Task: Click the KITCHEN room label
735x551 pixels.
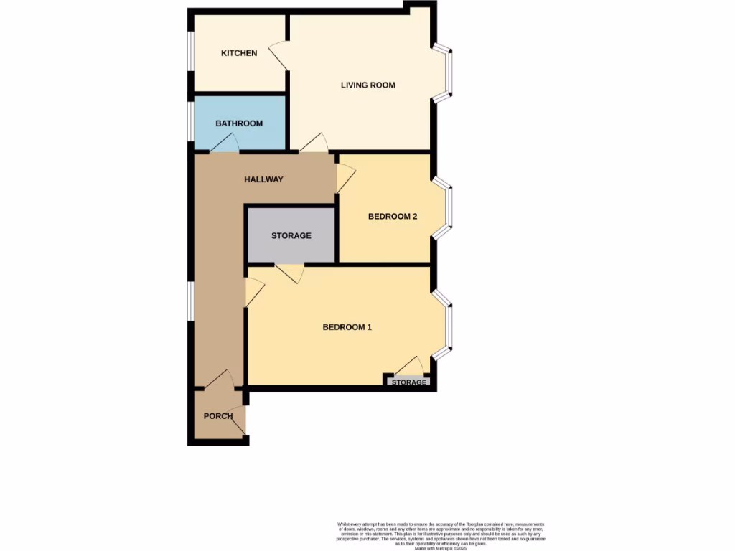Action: point(239,53)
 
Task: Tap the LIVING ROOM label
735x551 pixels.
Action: point(367,85)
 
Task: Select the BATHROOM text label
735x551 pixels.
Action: point(239,123)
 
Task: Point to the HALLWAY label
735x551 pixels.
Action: point(263,179)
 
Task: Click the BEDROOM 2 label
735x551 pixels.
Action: point(393,217)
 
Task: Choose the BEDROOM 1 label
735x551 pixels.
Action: point(347,327)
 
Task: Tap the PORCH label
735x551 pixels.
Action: point(218,416)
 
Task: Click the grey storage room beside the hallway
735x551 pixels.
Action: point(291,235)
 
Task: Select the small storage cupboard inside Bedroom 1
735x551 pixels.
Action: point(408,382)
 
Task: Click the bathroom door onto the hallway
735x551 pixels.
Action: point(224,144)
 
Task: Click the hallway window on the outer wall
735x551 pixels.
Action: point(190,299)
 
